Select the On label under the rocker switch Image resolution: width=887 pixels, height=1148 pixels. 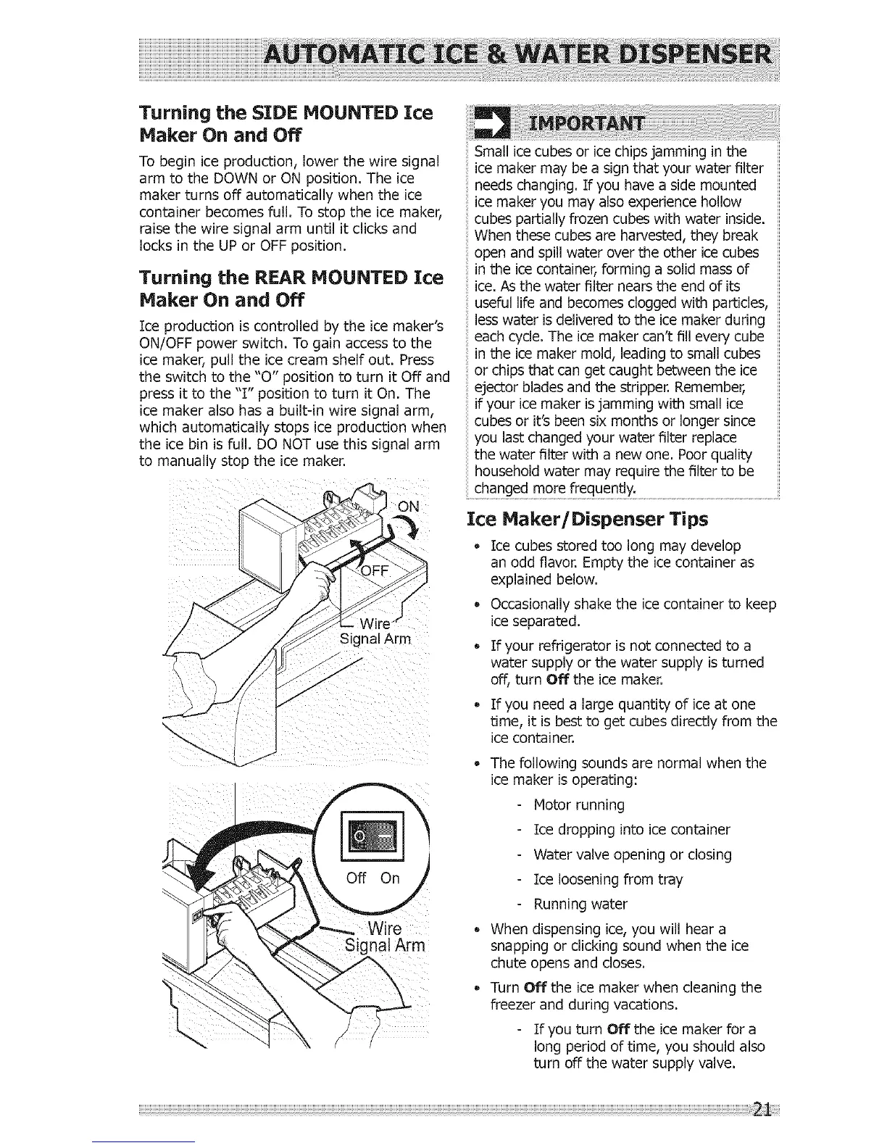390,878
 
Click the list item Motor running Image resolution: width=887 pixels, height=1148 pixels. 578,804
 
